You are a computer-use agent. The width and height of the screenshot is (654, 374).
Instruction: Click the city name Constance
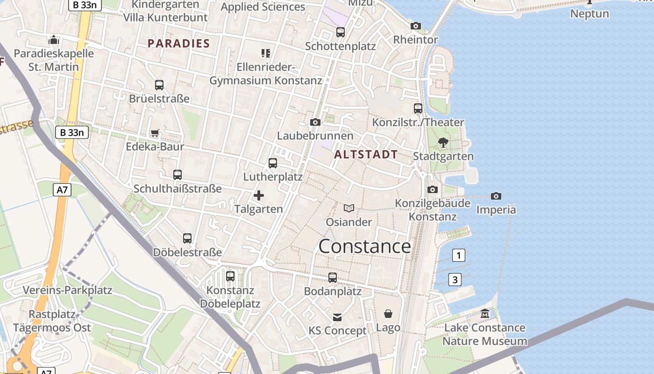click(364, 246)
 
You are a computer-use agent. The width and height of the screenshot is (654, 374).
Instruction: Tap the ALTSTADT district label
click(366, 154)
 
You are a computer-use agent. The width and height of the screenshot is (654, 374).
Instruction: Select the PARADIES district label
click(178, 44)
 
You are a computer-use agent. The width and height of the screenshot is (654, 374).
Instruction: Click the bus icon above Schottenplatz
click(341, 32)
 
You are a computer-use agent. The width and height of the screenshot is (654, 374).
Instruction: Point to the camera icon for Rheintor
click(415, 26)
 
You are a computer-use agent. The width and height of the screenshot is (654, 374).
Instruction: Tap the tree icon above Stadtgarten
click(443, 143)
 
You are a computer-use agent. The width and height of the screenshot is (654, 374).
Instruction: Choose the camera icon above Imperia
click(496, 196)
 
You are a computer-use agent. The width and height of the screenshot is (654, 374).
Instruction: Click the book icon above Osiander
click(349, 208)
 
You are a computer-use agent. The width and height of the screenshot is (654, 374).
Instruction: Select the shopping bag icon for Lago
click(388, 313)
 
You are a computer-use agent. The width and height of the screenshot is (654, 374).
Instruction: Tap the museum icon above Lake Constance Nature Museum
click(485, 313)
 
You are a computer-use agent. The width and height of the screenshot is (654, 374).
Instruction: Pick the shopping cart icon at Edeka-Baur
click(155, 133)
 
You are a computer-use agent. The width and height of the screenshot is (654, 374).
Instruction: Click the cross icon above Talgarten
click(258, 195)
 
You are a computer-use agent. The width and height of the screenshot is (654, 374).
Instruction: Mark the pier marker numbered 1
click(459, 255)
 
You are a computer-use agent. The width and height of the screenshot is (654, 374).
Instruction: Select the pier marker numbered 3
click(455, 280)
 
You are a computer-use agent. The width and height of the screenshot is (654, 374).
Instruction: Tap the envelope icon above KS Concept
click(337, 317)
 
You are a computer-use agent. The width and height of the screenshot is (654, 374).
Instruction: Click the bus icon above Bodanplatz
click(333, 278)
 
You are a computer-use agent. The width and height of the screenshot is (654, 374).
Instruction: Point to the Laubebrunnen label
click(315, 136)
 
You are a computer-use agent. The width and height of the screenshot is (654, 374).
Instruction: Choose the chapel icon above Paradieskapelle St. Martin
click(54, 40)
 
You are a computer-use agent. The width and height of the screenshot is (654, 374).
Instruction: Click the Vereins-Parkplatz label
click(68, 290)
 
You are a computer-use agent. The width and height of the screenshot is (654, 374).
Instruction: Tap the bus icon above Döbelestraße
click(187, 238)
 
